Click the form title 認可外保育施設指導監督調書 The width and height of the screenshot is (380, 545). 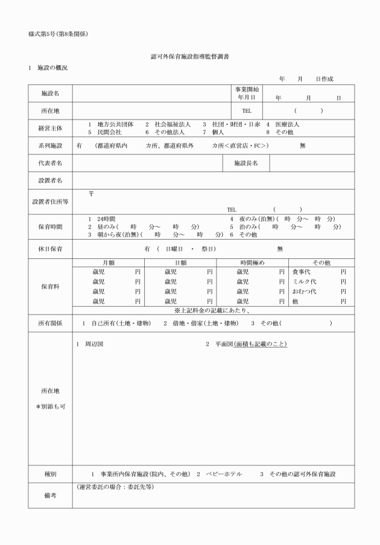coord(189,56)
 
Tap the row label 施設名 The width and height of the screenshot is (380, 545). coord(50,94)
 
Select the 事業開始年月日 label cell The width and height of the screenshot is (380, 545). coord(246,93)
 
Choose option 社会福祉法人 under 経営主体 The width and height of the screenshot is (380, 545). coord(171,124)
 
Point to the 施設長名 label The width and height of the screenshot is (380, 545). coord(246,163)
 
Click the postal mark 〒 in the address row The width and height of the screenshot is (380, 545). coord(91,194)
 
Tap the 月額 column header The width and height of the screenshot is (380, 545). coord(109,263)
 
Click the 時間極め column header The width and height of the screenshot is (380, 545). coord(252,263)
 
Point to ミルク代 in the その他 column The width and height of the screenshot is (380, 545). coord(305,281)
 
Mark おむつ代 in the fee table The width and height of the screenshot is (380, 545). coord(305,291)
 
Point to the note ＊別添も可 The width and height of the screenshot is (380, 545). coord(50,406)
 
